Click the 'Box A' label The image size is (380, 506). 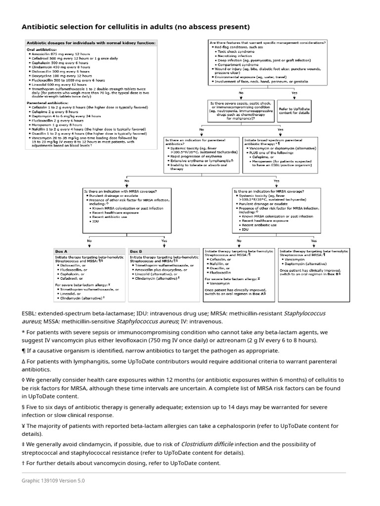click(x=61, y=252)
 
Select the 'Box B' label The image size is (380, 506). click(x=136, y=252)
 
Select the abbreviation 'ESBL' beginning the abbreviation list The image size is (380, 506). click(x=29, y=313)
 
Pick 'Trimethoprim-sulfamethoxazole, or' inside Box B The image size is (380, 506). click(x=158, y=265)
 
